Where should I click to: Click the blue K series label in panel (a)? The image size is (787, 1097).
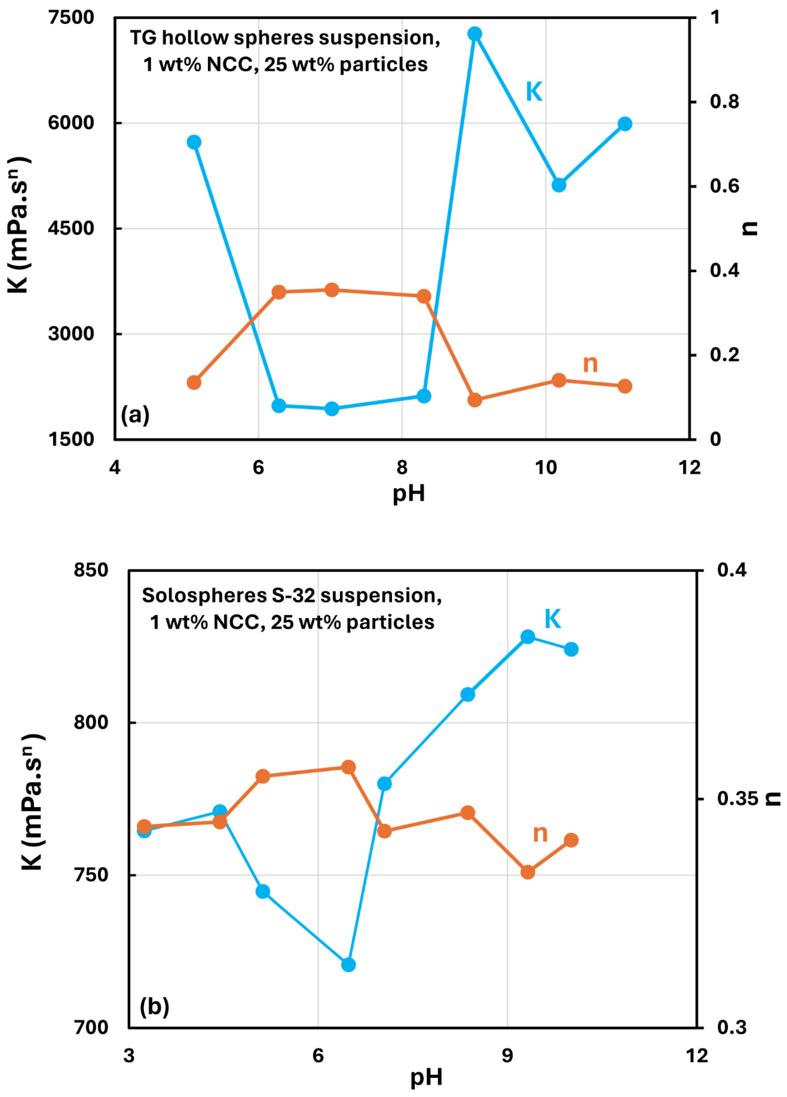click(x=534, y=92)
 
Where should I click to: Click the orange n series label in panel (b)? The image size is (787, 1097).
click(x=540, y=833)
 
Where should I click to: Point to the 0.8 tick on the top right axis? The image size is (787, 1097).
click(x=724, y=102)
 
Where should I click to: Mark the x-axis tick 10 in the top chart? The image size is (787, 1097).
click(x=546, y=467)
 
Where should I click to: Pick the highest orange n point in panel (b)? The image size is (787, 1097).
click(x=348, y=767)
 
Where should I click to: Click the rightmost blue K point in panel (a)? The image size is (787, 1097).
click(x=625, y=124)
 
